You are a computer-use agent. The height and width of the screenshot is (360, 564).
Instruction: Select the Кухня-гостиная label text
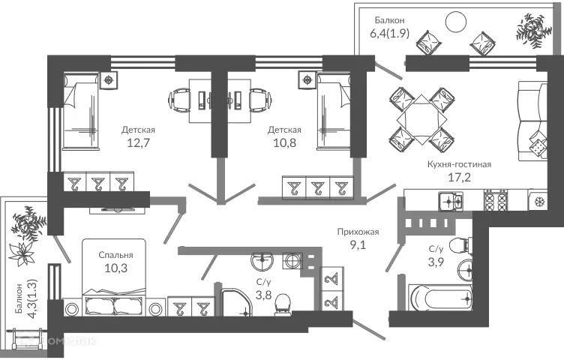460,164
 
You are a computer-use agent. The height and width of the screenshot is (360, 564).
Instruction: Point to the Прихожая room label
358,232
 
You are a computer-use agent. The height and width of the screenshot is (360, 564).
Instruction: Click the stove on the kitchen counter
495,200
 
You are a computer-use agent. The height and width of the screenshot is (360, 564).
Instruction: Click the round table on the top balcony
457,22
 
